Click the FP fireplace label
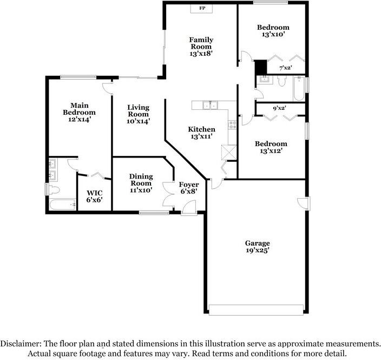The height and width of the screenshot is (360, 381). pos(202,8)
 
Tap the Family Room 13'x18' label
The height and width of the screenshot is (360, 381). pos(201,47)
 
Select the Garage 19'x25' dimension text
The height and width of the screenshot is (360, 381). pos(257,247)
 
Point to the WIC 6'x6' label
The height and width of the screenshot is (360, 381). pos(95,197)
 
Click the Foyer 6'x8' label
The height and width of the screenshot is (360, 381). pos(189,188)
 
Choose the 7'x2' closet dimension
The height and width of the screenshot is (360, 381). pos(286,68)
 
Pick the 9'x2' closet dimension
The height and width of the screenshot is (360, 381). pos(279,108)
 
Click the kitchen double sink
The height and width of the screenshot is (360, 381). pos(210,105)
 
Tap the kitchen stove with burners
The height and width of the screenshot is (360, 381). pos(232,125)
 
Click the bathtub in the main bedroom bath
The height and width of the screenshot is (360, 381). pos(63,205)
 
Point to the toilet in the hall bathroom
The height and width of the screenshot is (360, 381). pos(282,81)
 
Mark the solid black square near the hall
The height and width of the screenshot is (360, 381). pos(260,67)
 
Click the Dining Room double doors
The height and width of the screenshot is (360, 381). pos(168,194)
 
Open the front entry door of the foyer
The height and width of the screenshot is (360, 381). pos(189,208)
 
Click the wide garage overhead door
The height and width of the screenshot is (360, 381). pos(256,310)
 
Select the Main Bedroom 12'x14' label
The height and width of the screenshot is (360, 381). pos(79,112)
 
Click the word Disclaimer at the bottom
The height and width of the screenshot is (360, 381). pos(21,344)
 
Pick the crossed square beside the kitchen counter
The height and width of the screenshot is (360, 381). pos(228,153)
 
